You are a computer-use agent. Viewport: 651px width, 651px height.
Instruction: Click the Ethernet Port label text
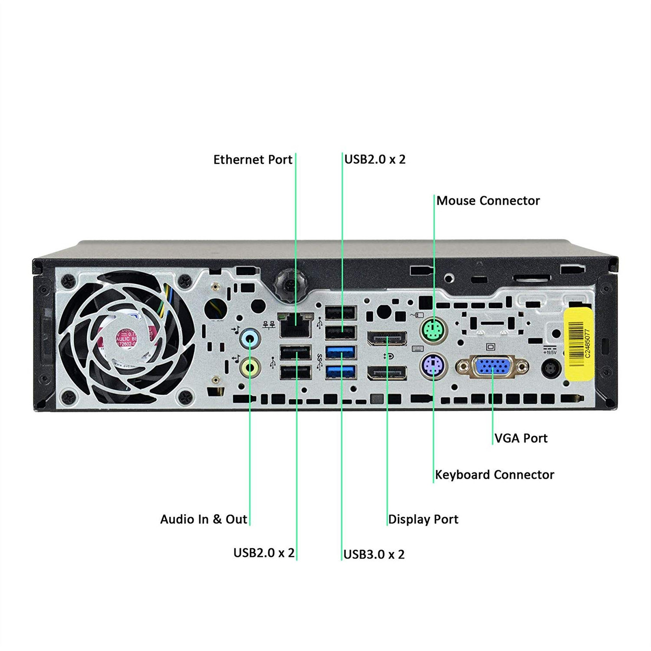coord(253,160)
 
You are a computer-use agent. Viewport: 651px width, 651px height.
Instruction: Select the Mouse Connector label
coord(488,201)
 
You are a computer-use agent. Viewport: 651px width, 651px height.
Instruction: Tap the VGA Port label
coord(521,438)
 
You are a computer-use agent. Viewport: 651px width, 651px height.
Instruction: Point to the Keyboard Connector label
coord(494,475)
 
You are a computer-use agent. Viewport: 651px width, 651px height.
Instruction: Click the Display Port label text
coord(423,519)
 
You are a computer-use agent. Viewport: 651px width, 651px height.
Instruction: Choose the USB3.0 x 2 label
coord(374,554)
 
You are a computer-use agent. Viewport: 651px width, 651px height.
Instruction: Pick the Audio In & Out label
coord(203,519)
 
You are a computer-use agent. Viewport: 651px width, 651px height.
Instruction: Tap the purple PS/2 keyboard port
coord(432,365)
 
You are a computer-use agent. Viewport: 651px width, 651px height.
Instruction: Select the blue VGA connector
coord(492,367)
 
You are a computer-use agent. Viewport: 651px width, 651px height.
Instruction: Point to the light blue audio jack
coord(249,338)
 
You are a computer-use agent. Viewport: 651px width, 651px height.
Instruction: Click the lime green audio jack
coord(249,367)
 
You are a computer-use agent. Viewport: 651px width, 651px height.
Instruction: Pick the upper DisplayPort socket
coord(387,338)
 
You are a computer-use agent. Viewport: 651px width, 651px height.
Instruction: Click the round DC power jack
coord(550,369)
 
